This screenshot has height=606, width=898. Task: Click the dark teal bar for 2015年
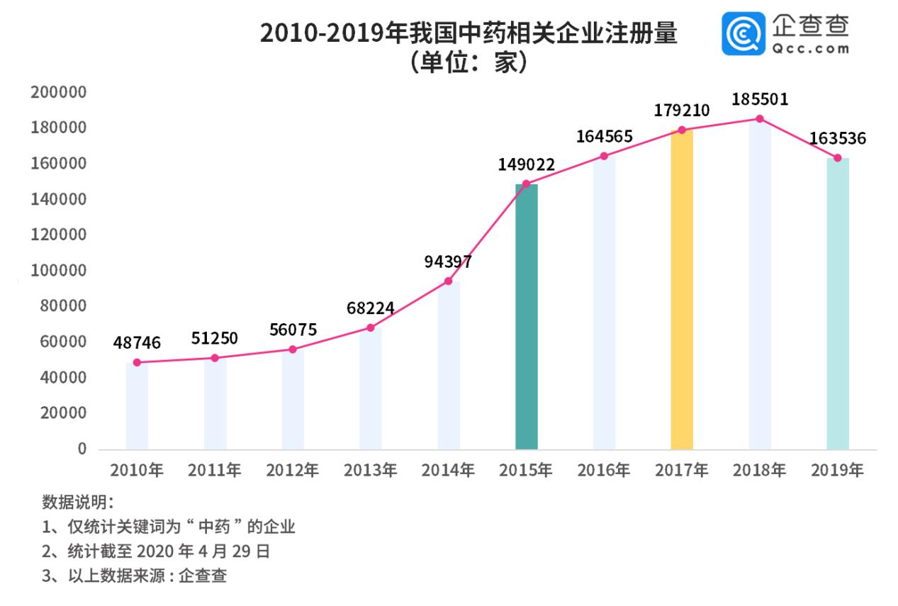[x=526, y=316]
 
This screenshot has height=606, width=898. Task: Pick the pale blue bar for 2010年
[x=137, y=405]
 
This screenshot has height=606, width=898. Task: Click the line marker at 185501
[x=760, y=119]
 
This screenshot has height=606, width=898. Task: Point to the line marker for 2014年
[x=448, y=281]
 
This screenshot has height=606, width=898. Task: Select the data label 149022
[x=526, y=165]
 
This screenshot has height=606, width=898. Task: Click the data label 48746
[x=137, y=343]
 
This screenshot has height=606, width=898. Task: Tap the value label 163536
[x=837, y=138]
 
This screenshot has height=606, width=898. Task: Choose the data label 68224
[x=371, y=308]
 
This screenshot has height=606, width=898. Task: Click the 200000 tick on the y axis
[x=58, y=92]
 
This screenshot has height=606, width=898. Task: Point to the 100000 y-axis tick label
[x=58, y=271]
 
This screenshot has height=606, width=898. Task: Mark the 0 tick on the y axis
[x=82, y=449]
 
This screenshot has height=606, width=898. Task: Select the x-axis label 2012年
[x=292, y=470]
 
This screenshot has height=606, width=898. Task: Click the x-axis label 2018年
[x=760, y=470]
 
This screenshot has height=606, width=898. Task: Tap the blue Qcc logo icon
[x=743, y=33]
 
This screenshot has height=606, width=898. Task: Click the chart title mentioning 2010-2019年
[x=468, y=33]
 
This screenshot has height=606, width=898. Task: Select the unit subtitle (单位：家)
[x=468, y=63]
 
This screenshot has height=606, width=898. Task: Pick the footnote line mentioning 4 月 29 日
[x=156, y=551]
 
